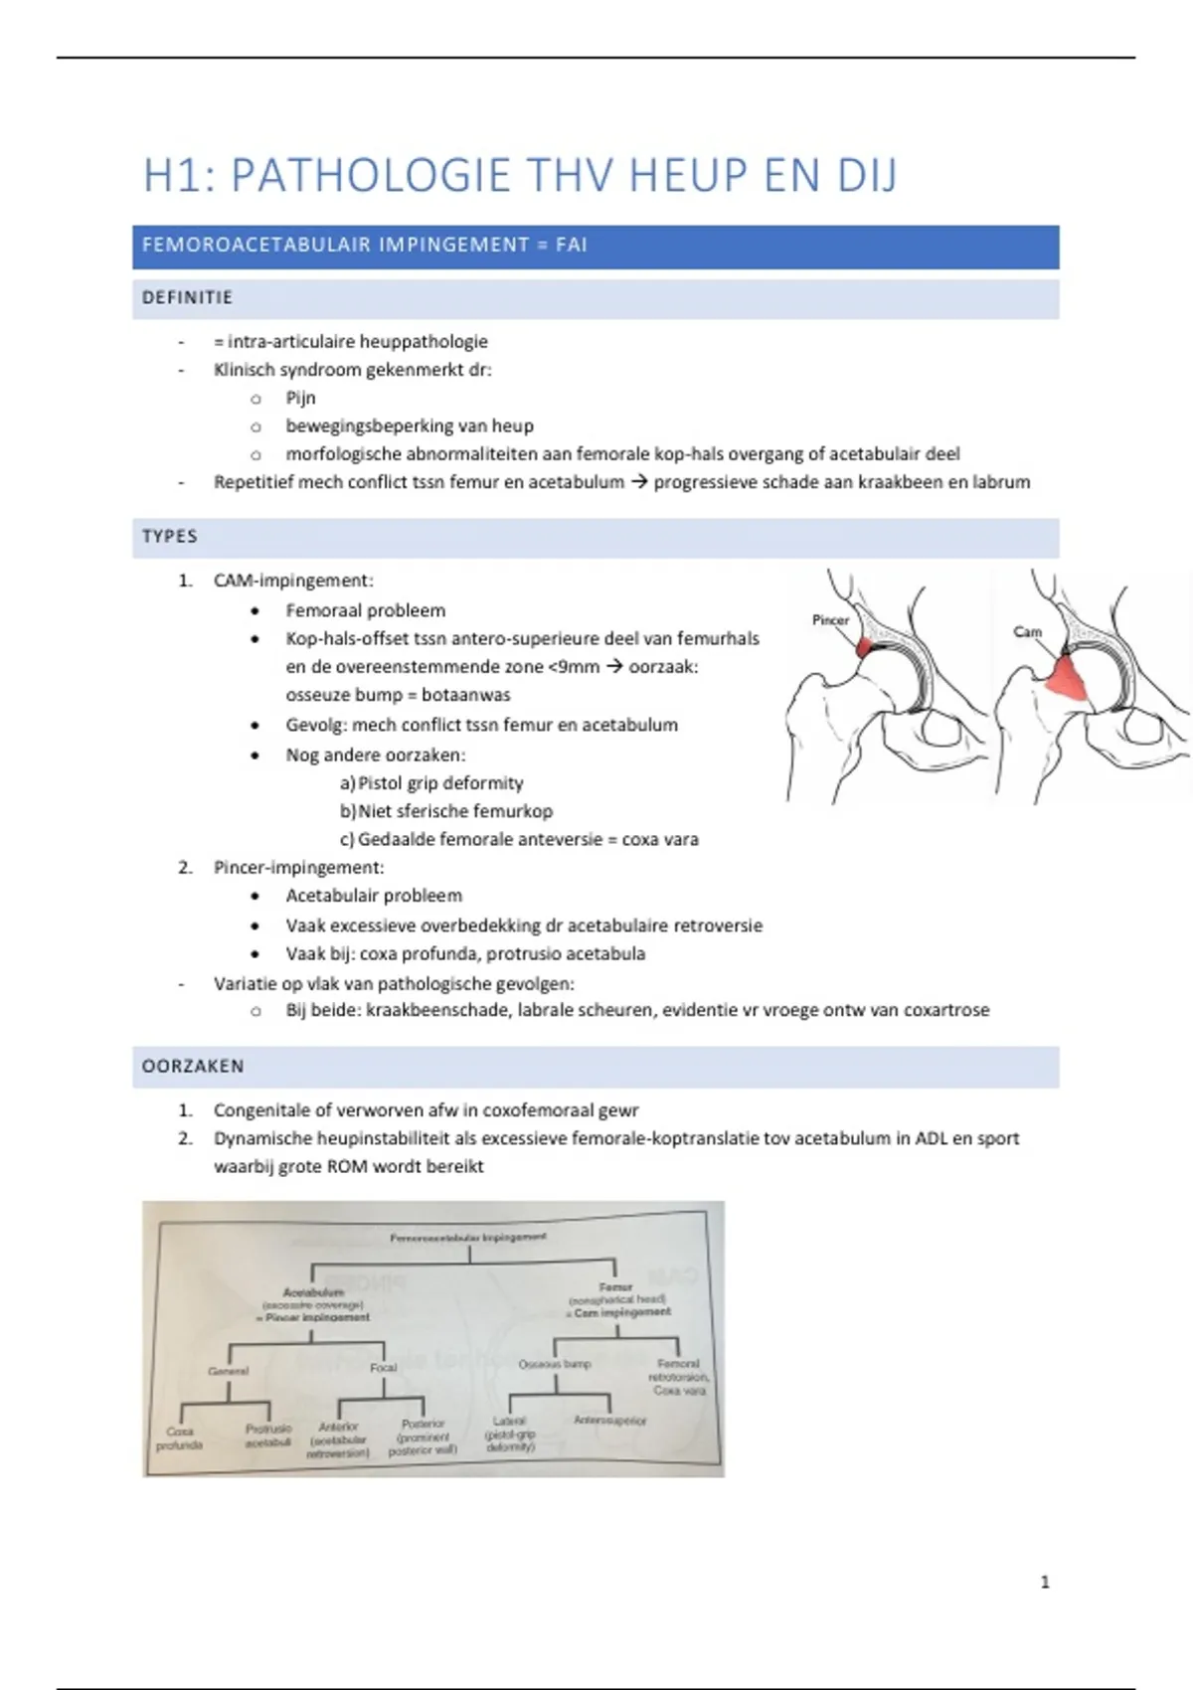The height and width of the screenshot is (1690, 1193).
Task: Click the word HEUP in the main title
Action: click(690, 176)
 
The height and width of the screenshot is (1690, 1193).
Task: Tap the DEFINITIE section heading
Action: click(187, 297)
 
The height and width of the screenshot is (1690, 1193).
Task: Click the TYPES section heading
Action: click(170, 536)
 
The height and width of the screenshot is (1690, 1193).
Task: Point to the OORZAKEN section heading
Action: click(193, 1066)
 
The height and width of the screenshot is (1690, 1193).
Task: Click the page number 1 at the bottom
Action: click(1045, 1582)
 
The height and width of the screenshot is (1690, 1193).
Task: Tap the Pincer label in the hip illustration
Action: click(830, 620)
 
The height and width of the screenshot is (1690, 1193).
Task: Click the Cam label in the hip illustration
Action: click(1027, 631)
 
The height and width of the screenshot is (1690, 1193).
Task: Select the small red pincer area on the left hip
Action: click(863, 648)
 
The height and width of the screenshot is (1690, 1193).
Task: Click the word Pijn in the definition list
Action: click(300, 398)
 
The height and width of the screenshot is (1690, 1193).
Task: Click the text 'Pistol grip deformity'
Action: click(440, 782)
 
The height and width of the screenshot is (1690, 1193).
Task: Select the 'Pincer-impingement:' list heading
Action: click(298, 867)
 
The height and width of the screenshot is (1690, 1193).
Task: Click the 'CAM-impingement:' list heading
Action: click(293, 581)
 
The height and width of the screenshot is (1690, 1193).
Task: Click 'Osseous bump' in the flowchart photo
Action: click(555, 1364)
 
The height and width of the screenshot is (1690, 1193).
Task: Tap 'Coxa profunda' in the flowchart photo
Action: click(180, 1438)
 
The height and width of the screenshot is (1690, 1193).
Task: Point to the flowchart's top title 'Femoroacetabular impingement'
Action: click(468, 1238)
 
